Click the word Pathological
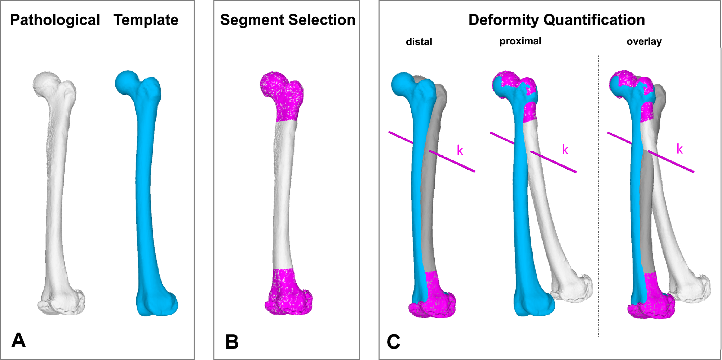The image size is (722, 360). click(x=55, y=20)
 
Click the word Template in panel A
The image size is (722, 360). click(x=146, y=20)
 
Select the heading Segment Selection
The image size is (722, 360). click(x=288, y=20)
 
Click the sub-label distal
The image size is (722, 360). click(x=419, y=42)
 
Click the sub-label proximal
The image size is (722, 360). click(x=520, y=41)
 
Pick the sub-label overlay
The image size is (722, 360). click(x=644, y=41)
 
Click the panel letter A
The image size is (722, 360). click(x=18, y=340)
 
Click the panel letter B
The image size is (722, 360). click(x=232, y=342)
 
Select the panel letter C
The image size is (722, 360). click(x=393, y=342)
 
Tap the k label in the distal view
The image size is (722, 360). click(x=460, y=150)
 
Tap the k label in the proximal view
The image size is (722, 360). click(x=565, y=150)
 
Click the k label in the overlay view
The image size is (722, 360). click(x=679, y=149)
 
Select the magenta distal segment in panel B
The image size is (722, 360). click(x=288, y=295)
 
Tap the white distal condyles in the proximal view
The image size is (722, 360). click(x=573, y=288)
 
